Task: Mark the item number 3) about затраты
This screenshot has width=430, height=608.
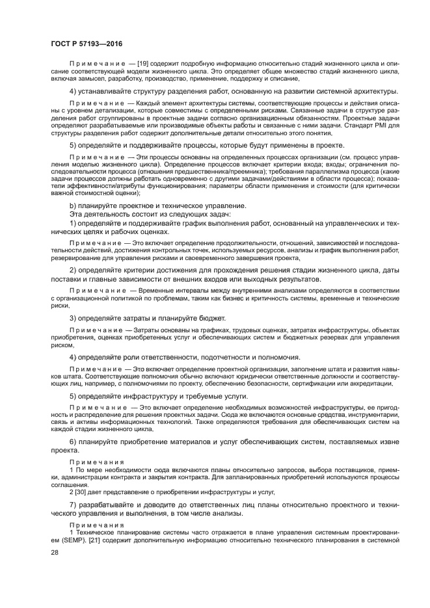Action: pos(74,318)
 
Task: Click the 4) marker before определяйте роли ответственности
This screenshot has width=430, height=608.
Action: pos(74,357)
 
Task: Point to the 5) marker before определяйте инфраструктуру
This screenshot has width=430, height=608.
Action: pos(74,395)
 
